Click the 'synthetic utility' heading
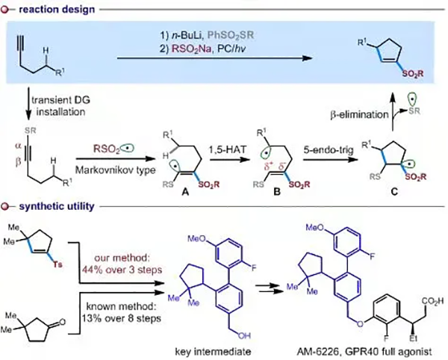[49, 204]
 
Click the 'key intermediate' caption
[223, 348]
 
